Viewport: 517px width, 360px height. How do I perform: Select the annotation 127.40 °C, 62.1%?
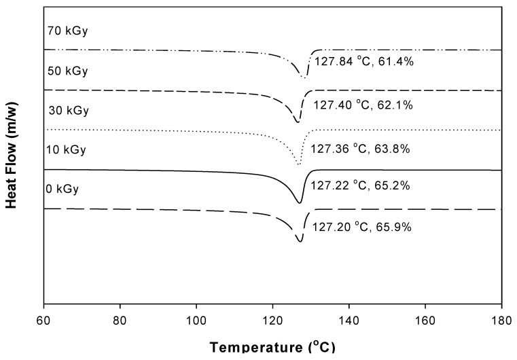[x=363, y=106]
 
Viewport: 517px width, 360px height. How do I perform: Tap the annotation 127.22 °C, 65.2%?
[x=361, y=185]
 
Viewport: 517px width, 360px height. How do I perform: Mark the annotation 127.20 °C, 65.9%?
[x=361, y=226]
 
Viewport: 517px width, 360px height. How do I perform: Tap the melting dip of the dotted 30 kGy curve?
[x=300, y=164]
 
